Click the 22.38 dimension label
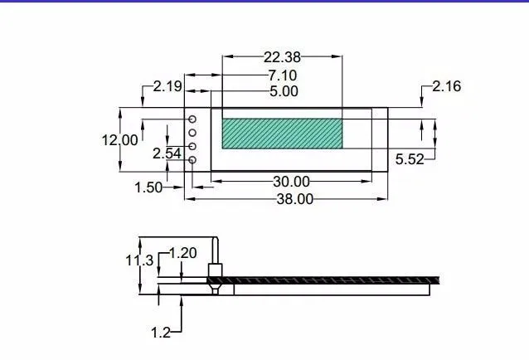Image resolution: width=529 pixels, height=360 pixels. click(282, 57)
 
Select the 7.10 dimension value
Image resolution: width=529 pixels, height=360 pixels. click(282, 75)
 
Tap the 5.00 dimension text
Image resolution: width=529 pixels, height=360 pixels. click(284, 92)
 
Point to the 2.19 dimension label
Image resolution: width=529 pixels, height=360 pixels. click(167, 86)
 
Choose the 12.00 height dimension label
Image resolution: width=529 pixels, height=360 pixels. click(120, 140)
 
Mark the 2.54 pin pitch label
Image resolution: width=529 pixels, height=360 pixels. click(167, 153)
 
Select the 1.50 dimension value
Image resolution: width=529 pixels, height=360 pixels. click(148, 187)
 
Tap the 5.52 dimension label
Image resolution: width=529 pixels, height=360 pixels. click(410, 159)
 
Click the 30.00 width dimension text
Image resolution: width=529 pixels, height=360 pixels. click(291, 182)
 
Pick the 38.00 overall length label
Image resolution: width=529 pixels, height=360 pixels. click(294, 199)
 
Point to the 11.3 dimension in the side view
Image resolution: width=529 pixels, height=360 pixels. click(139, 260)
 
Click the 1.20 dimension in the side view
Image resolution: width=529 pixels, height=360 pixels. click(183, 253)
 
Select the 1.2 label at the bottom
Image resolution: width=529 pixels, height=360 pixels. click(160, 333)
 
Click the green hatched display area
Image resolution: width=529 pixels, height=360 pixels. click(282, 134)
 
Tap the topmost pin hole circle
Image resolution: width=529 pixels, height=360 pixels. click(192, 119)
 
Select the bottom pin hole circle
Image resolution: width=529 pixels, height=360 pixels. click(192, 160)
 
